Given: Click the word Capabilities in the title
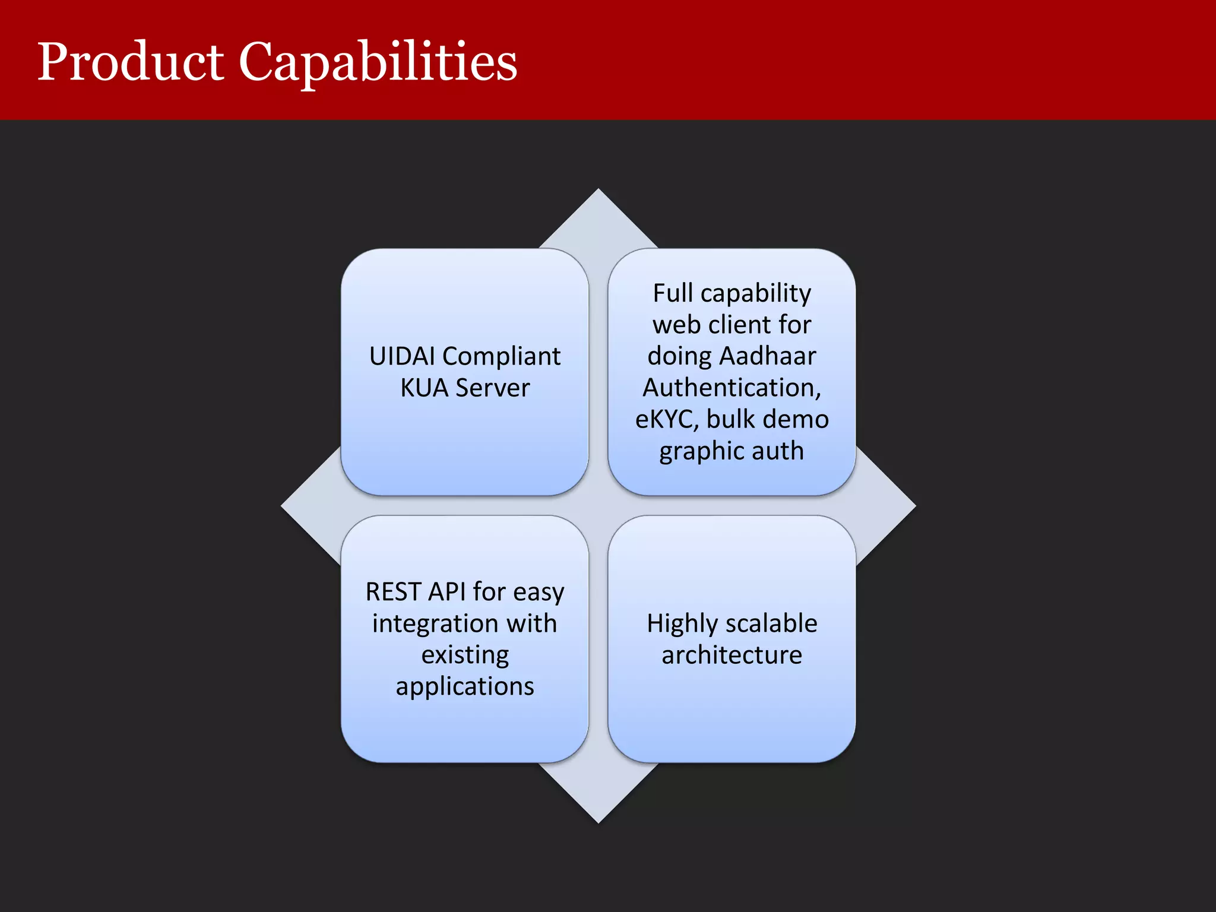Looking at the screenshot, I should click(x=378, y=62).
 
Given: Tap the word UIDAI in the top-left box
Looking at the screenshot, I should click(x=402, y=356).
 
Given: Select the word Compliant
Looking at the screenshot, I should click(x=501, y=356).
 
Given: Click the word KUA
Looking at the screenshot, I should click(x=424, y=388).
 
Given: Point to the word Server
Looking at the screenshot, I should click(x=492, y=388).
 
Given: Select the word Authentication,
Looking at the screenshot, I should click(x=731, y=388).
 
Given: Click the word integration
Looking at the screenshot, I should click(x=435, y=623).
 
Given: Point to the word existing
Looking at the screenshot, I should click(x=465, y=655).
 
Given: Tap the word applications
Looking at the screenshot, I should click(x=465, y=687).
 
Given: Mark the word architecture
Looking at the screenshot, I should click(x=731, y=655).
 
